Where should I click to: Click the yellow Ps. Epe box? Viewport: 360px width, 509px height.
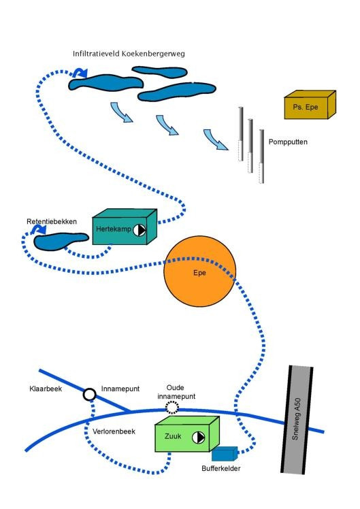point(310,105)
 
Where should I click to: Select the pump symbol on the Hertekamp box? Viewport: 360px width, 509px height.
point(140,230)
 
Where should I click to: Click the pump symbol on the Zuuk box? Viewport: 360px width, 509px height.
point(198,438)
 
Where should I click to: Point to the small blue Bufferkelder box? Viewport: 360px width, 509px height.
point(225,454)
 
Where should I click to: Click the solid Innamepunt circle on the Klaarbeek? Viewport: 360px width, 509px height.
point(90,395)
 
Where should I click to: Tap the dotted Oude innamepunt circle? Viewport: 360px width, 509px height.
point(172,408)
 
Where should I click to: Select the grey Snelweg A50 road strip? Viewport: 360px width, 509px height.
point(297,419)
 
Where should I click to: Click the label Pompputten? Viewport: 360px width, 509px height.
point(288,142)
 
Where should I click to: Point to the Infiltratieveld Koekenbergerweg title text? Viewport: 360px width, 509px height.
point(129,54)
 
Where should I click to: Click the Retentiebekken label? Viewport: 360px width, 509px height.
point(52,222)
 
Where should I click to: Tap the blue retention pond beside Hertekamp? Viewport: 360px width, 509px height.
point(61,241)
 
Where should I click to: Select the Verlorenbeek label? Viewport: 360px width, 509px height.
point(114,431)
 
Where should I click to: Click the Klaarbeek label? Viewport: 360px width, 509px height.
point(46,389)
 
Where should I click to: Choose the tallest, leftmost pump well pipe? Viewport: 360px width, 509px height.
point(240,134)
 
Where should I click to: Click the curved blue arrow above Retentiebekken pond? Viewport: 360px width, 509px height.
point(38,230)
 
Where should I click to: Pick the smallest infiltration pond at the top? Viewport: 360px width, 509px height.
point(159,71)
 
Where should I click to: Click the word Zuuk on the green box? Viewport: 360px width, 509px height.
point(173,436)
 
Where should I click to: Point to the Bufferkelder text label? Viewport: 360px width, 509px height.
point(221,468)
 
